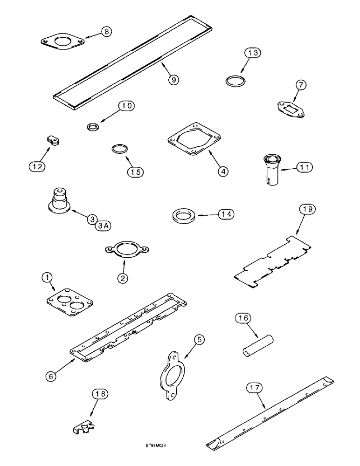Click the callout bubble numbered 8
pos(107,32)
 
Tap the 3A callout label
pos(104,226)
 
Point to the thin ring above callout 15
pos(118,150)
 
